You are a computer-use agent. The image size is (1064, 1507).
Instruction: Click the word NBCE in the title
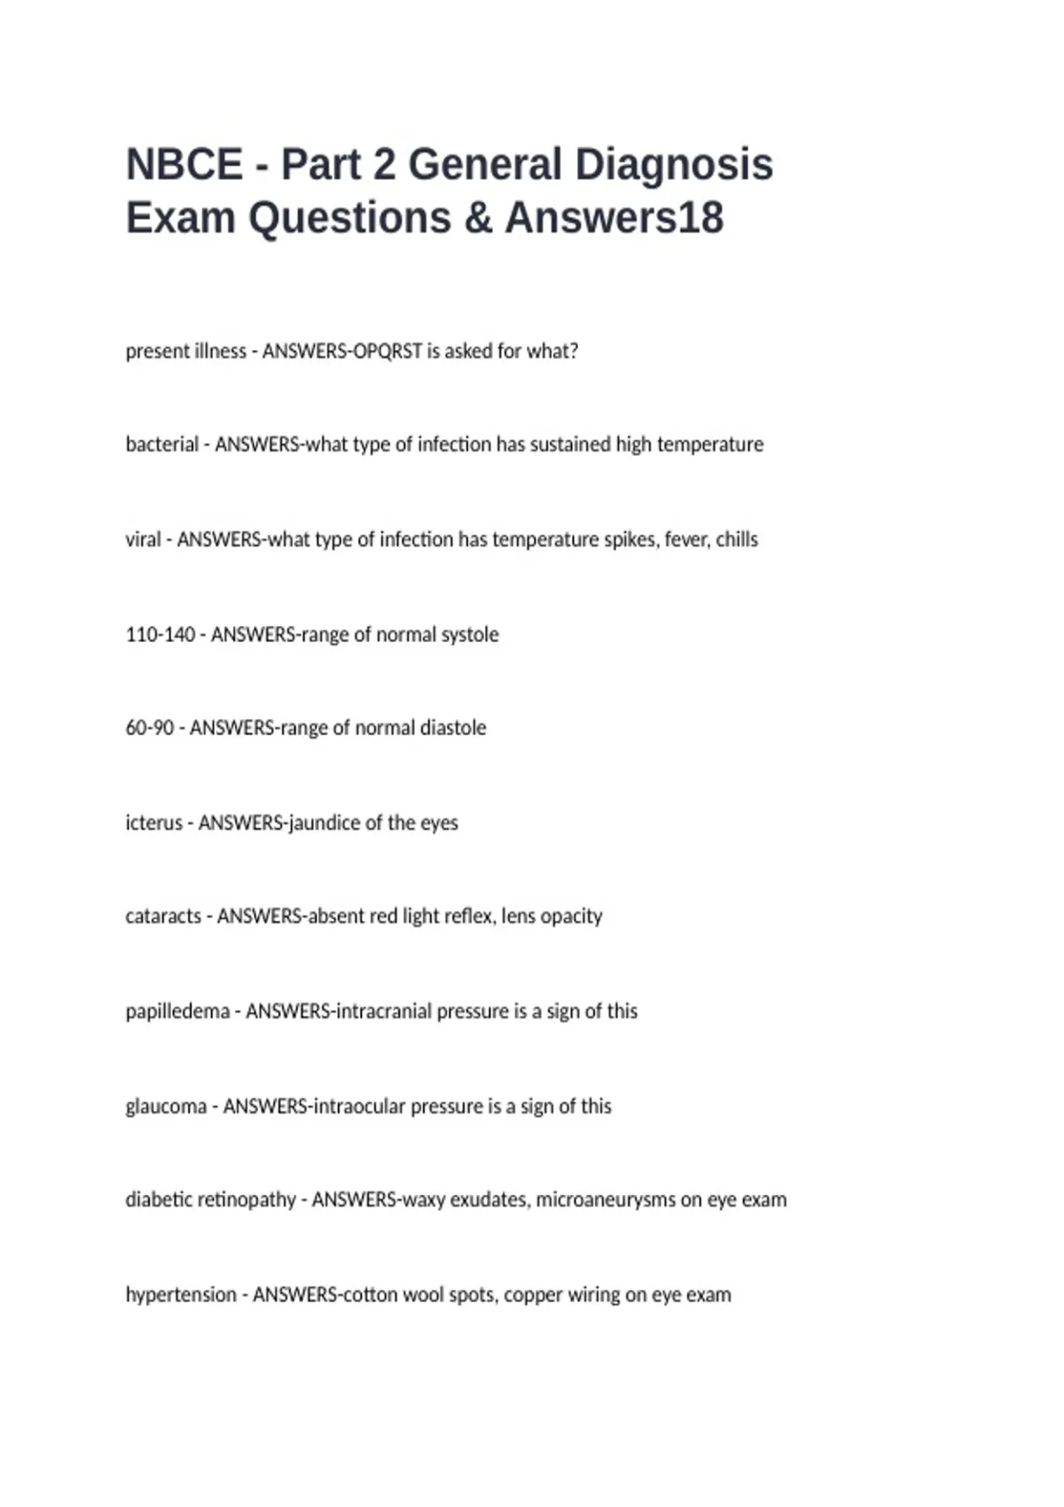click(x=184, y=165)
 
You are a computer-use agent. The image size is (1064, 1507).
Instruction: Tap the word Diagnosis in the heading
click(x=674, y=165)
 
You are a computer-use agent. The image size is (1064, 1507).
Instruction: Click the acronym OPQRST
click(x=387, y=351)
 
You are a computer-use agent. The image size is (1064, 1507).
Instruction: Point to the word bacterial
click(x=162, y=444)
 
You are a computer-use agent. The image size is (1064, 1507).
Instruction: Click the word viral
click(x=144, y=540)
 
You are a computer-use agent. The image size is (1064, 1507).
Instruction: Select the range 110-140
click(x=160, y=635)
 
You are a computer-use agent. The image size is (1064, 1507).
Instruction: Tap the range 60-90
click(x=150, y=728)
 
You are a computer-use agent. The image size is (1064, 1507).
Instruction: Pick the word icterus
click(x=154, y=823)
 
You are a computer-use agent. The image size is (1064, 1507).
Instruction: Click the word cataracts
click(x=163, y=916)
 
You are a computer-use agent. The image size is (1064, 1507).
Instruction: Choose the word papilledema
click(x=177, y=1011)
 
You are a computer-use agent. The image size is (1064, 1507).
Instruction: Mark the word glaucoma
click(x=166, y=1106)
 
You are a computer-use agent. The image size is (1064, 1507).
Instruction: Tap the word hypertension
click(x=181, y=1295)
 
